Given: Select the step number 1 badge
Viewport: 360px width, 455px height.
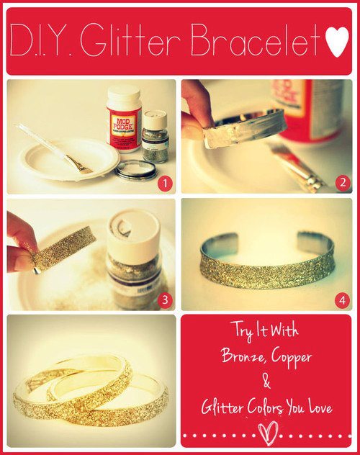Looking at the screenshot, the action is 165,184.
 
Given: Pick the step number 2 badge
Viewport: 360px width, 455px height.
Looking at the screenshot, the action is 343,183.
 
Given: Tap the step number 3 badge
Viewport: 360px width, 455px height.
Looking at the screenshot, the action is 165,299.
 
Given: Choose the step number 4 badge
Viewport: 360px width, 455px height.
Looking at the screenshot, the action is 342,300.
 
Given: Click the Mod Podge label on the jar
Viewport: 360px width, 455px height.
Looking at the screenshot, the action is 124,124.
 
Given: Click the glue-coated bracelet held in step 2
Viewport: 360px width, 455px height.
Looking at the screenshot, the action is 245,128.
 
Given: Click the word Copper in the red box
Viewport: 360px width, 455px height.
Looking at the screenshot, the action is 292,358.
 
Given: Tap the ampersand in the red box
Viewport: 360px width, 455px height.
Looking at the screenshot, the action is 266,382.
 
